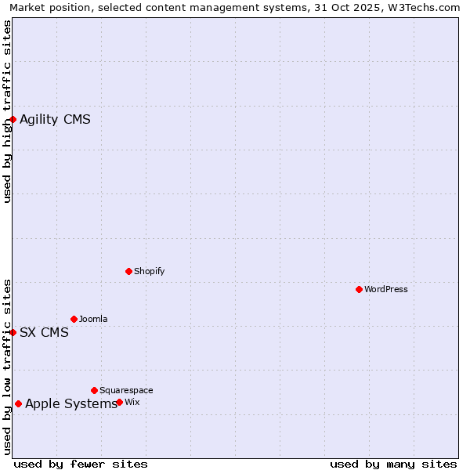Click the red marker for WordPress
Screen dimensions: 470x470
[359, 289]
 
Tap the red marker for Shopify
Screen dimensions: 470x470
[128, 271]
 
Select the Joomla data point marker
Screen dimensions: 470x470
[74, 319]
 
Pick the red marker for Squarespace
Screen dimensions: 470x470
[94, 390]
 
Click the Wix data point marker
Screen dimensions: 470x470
[119, 402]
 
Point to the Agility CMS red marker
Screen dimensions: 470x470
[13, 119]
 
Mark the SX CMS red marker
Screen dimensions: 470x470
[13, 332]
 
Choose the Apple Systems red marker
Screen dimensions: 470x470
[18, 403]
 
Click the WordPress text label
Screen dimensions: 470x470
[386, 289]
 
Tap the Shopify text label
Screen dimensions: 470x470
[150, 271]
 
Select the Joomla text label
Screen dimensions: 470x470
[93, 319]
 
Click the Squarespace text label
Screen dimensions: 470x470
[126, 390]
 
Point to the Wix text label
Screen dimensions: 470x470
[132, 402]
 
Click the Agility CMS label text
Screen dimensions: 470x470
[55, 119]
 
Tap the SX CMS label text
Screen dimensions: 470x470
[44, 332]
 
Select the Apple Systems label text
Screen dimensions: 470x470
[71, 403]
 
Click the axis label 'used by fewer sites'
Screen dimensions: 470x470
[81, 464]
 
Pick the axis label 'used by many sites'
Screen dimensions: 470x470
[393, 464]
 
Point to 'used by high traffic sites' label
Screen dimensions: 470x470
[8, 112]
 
